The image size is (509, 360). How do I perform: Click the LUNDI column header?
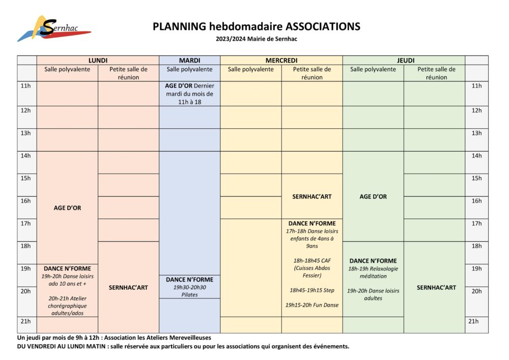tap(98, 60)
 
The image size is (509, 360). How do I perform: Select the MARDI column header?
tap(189, 60)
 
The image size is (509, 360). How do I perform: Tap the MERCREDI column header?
tap(281, 60)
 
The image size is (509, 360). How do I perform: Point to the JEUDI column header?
tap(404, 60)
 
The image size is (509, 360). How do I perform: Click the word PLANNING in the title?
tap(179, 26)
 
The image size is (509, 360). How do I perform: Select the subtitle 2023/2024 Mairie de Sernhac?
tap(256, 39)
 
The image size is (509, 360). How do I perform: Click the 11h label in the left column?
tap(25, 86)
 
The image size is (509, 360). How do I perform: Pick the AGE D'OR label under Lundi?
tap(67, 208)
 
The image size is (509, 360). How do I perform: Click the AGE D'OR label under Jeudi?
tap(373, 197)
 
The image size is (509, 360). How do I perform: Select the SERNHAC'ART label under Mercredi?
tap(312, 197)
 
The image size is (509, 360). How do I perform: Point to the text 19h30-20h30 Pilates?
tap(189, 291)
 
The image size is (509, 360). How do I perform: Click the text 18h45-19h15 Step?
tap(312, 290)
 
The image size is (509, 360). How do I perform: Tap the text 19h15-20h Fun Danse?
tap(312, 305)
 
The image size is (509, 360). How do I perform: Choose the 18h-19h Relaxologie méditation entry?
tap(373, 272)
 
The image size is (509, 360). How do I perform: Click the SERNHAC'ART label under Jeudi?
tap(434, 288)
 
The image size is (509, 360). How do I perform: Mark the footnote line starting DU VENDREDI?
tap(183, 347)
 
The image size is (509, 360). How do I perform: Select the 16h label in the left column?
tap(25, 201)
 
